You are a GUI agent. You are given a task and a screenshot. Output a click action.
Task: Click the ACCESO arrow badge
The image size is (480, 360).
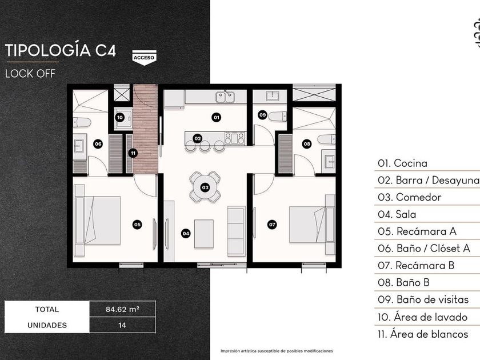[x=144, y=58]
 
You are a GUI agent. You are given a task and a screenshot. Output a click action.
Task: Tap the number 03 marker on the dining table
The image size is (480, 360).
[x=205, y=187]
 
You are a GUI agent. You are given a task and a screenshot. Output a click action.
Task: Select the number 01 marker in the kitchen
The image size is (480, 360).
[x=217, y=117]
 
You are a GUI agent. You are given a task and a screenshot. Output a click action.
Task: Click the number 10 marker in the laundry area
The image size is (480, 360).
[x=119, y=117]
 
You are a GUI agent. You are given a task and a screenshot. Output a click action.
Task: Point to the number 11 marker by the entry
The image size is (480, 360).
[x=133, y=153]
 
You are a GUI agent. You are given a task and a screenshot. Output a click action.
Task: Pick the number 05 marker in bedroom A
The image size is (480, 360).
[x=137, y=225]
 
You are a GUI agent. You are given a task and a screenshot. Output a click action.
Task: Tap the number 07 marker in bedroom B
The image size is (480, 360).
[x=272, y=225]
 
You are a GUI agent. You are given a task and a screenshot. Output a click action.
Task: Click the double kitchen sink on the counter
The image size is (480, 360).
[x=225, y=97]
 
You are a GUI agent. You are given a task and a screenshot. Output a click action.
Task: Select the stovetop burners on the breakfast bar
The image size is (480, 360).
[x=235, y=138]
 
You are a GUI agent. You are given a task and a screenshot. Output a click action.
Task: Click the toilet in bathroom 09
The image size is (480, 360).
[x=277, y=117]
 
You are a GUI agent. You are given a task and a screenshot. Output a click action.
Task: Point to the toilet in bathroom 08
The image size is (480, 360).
[x=327, y=139]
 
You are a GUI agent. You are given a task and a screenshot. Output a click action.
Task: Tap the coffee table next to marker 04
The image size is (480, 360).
[x=204, y=234]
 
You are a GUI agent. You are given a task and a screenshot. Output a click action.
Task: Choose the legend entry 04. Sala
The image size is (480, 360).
[x=397, y=214]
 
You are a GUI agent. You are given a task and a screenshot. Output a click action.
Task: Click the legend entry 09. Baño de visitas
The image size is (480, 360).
[x=423, y=299]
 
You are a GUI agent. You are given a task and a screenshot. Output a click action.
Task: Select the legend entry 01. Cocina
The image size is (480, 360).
[x=402, y=163]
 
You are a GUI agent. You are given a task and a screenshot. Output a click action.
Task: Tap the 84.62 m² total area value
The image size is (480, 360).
[x=122, y=309]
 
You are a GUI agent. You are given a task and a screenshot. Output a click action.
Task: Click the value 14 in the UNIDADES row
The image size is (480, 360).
[x=122, y=325]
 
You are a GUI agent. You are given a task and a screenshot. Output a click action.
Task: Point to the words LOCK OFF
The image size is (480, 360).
[x=30, y=74]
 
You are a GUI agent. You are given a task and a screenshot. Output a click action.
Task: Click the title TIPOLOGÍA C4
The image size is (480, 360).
[x=61, y=50]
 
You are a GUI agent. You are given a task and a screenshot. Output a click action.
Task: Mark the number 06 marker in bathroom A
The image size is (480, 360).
[x=98, y=144]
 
